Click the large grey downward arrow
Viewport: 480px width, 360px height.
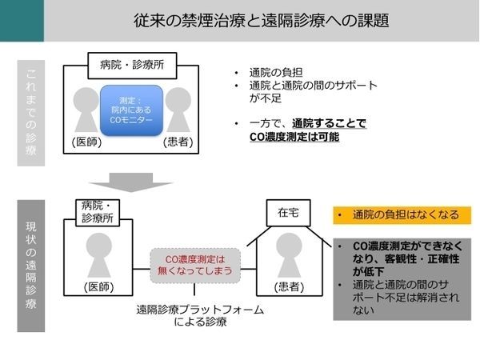(x=132, y=182)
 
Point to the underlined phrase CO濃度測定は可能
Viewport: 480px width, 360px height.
(x=294, y=137)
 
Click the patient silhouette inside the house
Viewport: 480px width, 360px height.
(x=287, y=255)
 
